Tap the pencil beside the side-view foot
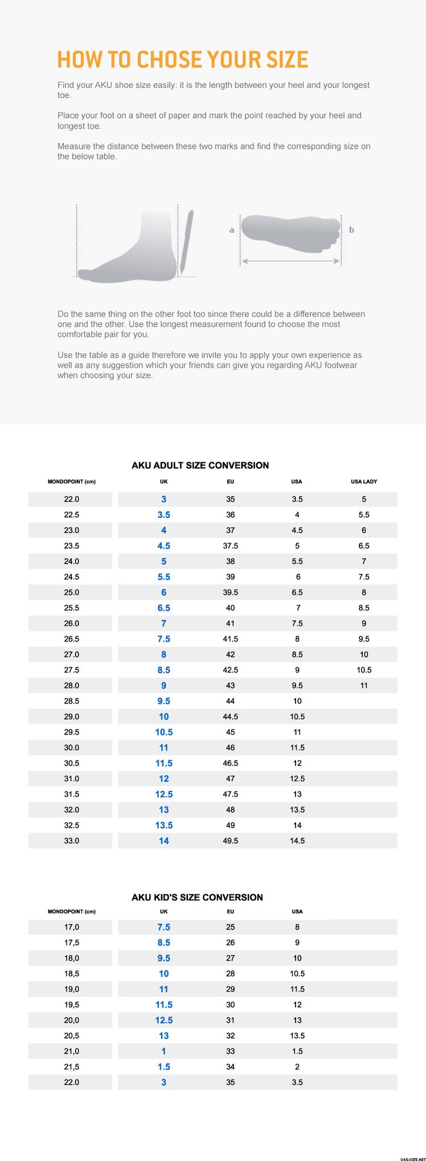(186, 241)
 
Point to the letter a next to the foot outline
(231, 230)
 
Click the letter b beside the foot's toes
(351, 230)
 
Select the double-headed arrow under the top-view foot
(290, 261)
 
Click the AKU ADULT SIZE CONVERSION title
(200, 465)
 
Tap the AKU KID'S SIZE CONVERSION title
(197, 897)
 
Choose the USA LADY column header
(364, 481)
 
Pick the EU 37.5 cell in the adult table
(230, 545)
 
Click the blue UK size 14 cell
(164, 841)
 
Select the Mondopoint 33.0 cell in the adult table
(71, 841)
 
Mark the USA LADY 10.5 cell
(364, 670)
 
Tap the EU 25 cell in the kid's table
(230, 927)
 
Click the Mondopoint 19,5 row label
(71, 1004)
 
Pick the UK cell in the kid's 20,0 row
(164, 1020)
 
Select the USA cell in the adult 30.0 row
(297, 747)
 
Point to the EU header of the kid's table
(230, 911)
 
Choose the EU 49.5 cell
(230, 841)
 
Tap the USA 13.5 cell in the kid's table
(297, 1036)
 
